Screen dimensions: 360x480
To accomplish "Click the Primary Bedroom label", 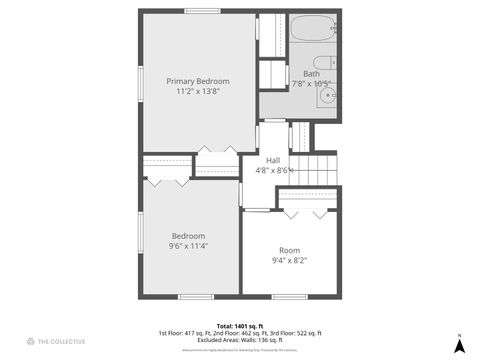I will pyautogui.click(x=197, y=81).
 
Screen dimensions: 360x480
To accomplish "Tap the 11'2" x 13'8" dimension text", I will pyautogui.click(x=197, y=92).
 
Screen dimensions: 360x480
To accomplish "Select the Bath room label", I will pyautogui.click(x=311, y=74).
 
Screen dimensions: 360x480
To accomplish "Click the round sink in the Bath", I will pyautogui.click(x=330, y=98).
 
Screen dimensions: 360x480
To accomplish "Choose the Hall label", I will pyautogui.click(x=272, y=160).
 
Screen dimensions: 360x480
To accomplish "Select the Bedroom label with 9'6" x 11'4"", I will pyautogui.click(x=188, y=236).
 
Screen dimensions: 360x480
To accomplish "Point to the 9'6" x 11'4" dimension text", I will pyautogui.click(x=188, y=247).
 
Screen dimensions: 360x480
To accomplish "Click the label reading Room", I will pyautogui.click(x=289, y=250).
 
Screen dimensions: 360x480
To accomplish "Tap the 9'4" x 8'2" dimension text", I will pyautogui.click(x=289, y=261).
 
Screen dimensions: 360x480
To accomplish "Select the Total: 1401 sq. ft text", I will pyautogui.click(x=239, y=325).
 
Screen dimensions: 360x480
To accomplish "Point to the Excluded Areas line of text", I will pyautogui.click(x=239, y=339).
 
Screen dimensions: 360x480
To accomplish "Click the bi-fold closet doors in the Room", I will pyautogui.click(x=306, y=213).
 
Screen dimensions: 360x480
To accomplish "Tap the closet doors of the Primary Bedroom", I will pyautogui.click(x=216, y=151).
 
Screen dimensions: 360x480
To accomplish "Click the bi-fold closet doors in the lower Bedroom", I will pyautogui.click(x=167, y=182).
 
